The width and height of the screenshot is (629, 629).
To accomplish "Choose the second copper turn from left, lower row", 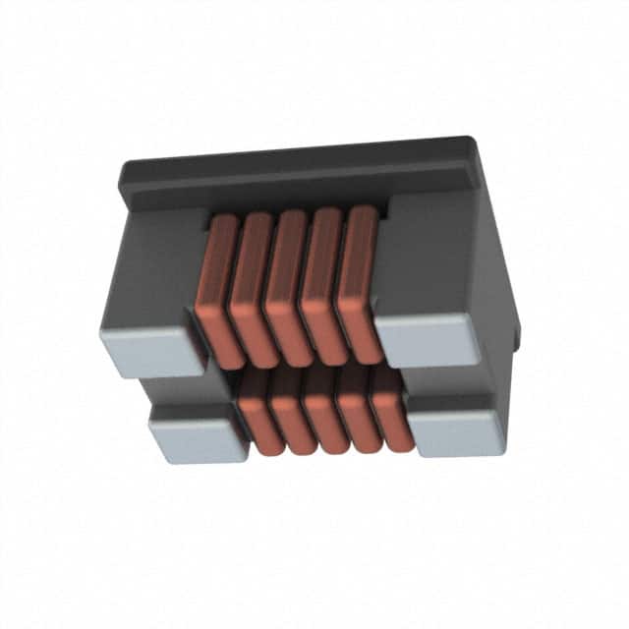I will point(288,413).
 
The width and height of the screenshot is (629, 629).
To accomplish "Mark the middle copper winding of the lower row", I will point(320,413).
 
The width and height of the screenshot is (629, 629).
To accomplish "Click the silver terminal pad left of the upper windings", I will point(147,352).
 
